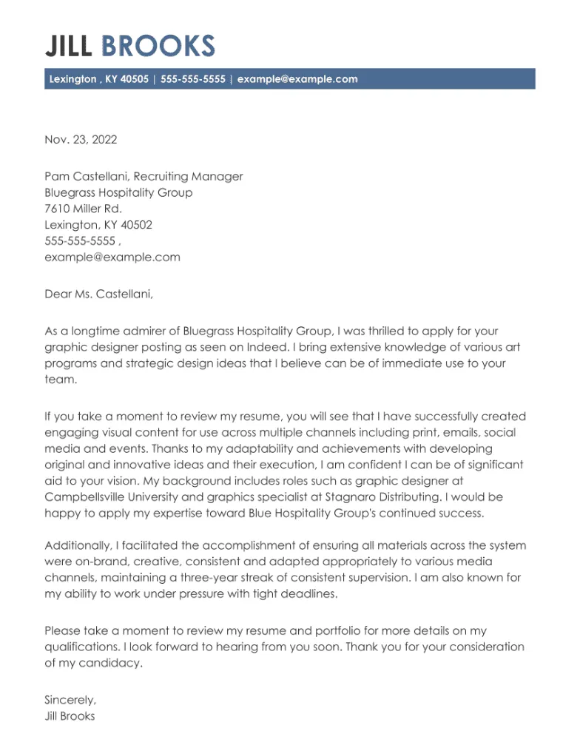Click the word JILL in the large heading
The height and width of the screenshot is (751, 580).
[x=68, y=46]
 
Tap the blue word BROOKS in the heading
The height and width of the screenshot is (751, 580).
[x=158, y=46]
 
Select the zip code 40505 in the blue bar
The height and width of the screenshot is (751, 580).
[x=134, y=79]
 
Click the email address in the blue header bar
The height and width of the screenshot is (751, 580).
[x=297, y=79]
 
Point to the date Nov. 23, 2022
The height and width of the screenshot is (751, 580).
[x=81, y=140]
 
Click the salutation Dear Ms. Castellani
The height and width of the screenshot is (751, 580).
[x=99, y=294]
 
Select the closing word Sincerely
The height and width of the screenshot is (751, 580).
[x=70, y=700]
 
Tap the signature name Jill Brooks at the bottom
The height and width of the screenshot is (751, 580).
[x=70, y=716]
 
